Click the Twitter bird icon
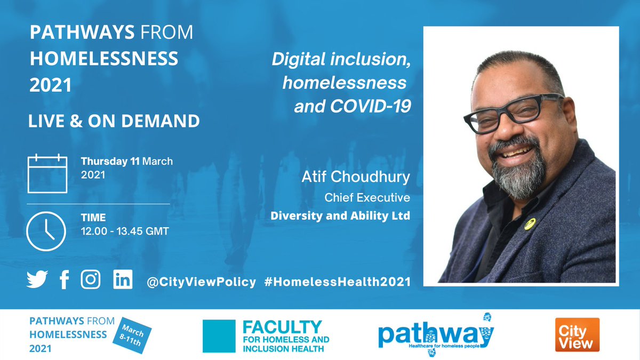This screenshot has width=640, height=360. (37, 279)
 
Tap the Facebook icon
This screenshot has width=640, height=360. (65, 279)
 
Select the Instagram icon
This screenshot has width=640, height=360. (91, 279)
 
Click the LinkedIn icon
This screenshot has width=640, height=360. (123, 279)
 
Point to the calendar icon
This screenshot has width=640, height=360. (47, 173)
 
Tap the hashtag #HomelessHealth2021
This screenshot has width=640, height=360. (337, 282)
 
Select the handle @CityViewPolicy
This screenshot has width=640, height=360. (201, 282)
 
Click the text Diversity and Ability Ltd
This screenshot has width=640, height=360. (340, 216)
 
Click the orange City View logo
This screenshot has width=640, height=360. (577, 334)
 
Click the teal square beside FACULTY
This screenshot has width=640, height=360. (219, 336)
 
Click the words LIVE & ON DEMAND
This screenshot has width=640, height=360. (114, 121)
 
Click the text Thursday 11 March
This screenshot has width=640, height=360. (127, 161)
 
